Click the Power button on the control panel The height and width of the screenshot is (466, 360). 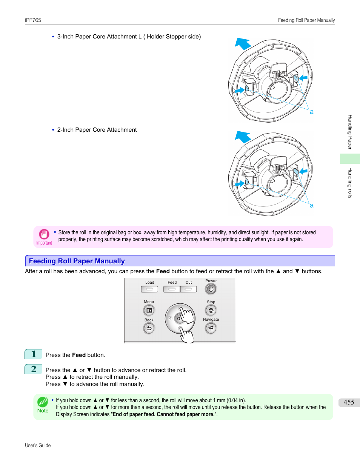pos(211,289)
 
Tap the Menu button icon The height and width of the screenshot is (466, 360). pos(149,310)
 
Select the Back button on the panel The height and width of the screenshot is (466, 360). pos(149,328)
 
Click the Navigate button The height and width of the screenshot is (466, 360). pos(211,328)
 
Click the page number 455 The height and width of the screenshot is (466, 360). pos(349,402)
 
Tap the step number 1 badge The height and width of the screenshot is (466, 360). pos(34,354)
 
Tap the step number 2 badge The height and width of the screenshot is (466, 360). pos(34,369)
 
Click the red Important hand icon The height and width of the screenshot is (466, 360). pos(44,234)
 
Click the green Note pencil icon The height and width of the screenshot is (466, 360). pos(43,402)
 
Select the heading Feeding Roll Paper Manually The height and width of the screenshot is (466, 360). pos(77,261)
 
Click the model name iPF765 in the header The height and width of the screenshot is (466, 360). pos(33,20)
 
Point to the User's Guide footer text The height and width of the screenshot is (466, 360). pos(38,445)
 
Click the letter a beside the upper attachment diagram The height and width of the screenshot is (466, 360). pos(312,112)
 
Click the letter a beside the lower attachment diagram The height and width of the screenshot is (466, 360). pos(312,205)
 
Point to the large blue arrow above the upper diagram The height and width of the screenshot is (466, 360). pos(243,44)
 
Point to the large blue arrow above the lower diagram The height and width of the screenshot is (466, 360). pos(243,137)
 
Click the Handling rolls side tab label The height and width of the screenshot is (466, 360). pos(350,183)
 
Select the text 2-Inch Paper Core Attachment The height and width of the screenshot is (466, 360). pos(97,130)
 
